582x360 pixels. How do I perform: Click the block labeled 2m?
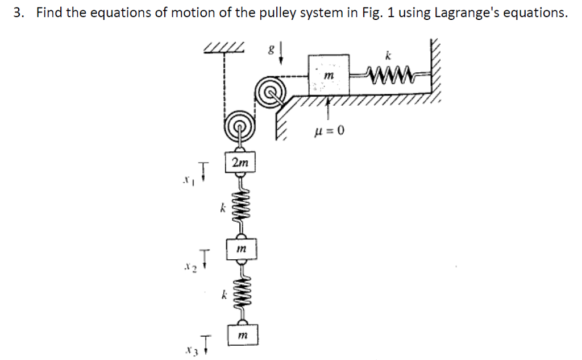(x=240, y=163)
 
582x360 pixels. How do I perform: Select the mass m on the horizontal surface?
(x=328, y=75)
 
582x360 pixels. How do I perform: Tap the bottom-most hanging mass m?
(x=242, y=336)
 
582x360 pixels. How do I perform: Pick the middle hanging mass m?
(x=241, y=249)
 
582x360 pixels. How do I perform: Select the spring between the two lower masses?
(x=241, y=292)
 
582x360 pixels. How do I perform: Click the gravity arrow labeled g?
(x=280, y=53)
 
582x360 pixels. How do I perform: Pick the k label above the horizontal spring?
(x=389, y=55)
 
